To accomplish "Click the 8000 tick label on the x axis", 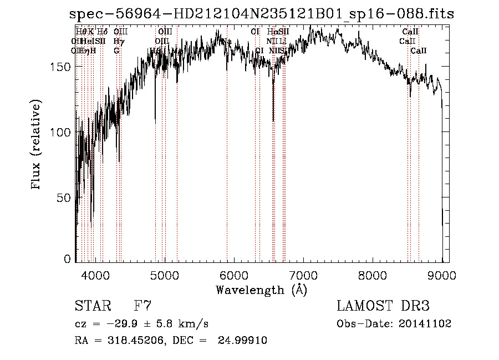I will click(x=373, y=275).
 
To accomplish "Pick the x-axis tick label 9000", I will click(x=442, y=275).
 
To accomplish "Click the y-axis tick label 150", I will click(x=60, y=67).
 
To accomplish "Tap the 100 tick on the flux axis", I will click(x=60, y=132).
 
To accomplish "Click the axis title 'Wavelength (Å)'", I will click(x=261, y=290).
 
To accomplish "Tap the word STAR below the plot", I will click(x=91, y=306).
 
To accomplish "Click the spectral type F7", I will click(x=142, y=306).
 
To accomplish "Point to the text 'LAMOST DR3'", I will click(x=383, y=306).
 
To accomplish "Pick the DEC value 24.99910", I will click(x=246, y=341).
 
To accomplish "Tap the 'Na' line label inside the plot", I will click(x=227, y=42).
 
